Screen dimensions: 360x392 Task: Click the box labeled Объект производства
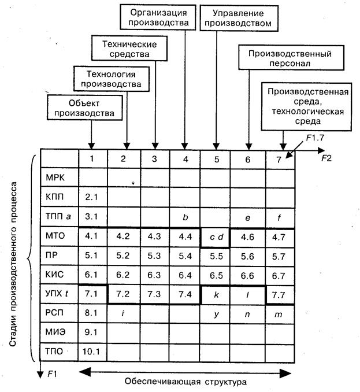(x=85, y=108)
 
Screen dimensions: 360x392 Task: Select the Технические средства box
(x=129, y=48)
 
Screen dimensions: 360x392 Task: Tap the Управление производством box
(x=239, y=19)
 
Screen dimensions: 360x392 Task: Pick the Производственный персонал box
(x=291, y=57)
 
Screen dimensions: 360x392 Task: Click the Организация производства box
(x=158, y=17)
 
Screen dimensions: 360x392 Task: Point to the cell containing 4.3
(x=154, y=236)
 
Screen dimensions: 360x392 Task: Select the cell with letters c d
(x=216, y=237)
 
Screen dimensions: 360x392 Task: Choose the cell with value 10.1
(x=91, y=352)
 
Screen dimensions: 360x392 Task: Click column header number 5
(x=216, y=159)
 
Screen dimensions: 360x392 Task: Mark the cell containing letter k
(x=216, y=294)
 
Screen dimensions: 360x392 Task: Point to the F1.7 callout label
(x=315, y=138)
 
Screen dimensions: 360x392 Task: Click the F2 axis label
(x=326, y=158)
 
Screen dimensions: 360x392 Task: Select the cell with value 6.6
(x=247, y=276)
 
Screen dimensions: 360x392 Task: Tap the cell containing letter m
(x=279, y=314)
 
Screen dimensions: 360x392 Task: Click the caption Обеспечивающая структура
(x=185, y=382)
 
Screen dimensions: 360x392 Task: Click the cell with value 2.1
(x=91, y=197)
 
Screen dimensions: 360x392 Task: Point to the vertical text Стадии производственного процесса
(x=13, y=264)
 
